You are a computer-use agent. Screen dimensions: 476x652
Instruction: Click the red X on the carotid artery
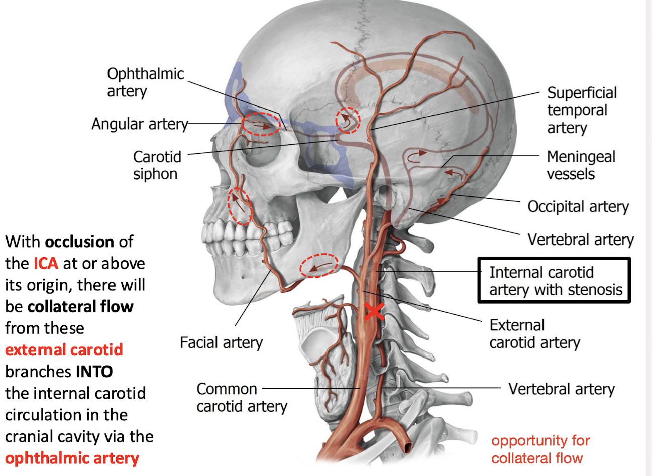click(374, 311)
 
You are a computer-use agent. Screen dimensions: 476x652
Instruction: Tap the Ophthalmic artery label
click(145, 82)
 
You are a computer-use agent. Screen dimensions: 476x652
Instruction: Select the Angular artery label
click(139, 124)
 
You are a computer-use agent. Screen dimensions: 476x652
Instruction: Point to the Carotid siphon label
click(157, 165)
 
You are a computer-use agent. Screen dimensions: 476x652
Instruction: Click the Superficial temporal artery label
click(581, 110)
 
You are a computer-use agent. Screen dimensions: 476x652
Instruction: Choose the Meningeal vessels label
click(580, 165)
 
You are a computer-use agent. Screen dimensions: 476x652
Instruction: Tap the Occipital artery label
click(578, 207)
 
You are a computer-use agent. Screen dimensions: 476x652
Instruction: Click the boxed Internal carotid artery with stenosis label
click(554, 281)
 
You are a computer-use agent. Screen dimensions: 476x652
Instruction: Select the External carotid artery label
click(534, 334)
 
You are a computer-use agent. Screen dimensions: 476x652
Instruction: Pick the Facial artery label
click(221, 343)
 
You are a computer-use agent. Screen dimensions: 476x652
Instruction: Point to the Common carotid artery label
click(241, 397)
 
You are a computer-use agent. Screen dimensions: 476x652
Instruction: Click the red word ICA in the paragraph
click(46, 263)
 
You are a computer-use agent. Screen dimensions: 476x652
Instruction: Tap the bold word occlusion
click(79, 242)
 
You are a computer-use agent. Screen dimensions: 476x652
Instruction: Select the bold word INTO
click(94, 372)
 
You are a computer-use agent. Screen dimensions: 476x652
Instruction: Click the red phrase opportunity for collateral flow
click(540, 449)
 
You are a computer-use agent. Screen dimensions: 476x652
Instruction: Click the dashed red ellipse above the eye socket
click(261, 124)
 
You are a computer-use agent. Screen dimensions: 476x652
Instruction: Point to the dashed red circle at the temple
click(348, 121)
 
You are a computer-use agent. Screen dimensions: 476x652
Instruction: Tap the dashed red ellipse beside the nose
click(240, 206)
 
